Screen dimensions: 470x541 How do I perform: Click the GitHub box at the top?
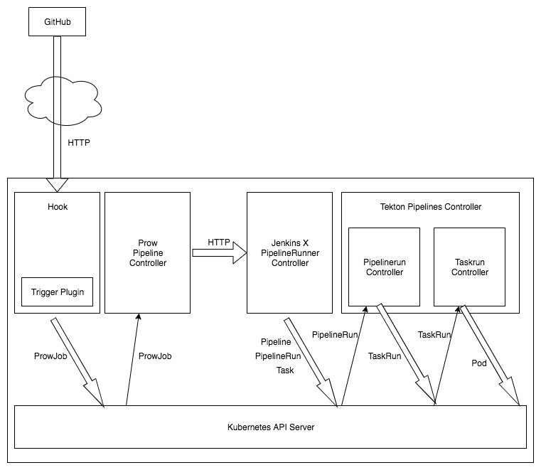point(58,22)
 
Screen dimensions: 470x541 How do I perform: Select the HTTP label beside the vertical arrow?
point(78,142)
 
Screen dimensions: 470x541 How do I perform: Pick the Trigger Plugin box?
point(57,292)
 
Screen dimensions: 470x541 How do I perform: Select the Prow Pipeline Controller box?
point(147,252)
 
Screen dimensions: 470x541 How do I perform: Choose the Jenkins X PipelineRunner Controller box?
point(289,252)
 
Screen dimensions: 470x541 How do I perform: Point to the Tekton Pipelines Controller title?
point(430,207)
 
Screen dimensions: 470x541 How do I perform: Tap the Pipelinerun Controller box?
point(384,267)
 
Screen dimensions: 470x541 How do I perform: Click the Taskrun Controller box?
point(469,267)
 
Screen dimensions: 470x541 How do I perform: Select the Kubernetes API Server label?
point(270,427)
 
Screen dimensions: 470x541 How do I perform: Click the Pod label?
point(480,363)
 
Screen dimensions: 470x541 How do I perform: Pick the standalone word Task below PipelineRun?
point(284,370)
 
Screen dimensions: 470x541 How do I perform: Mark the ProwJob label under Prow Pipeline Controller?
point(155,356)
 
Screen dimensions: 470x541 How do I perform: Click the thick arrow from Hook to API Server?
point(78,363)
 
